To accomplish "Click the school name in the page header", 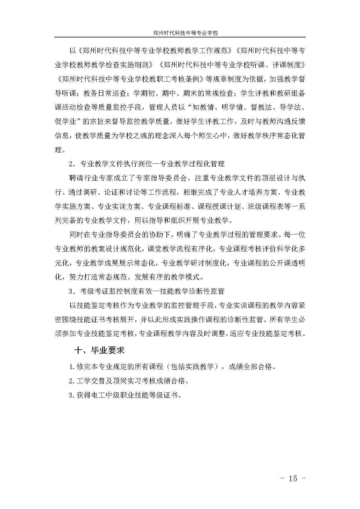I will coord(185,33).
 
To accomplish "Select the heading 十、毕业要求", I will coord(100,350).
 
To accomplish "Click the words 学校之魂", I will coord(135,136).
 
